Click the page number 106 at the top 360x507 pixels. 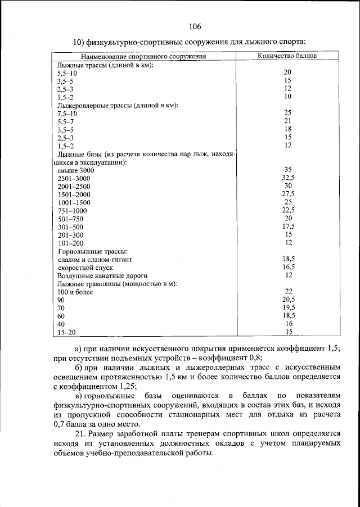tap(195, 26)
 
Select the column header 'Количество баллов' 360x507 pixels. tap(287, 56)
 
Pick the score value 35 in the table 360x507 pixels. tap(287, 170)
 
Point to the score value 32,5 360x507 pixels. tap(287, 178)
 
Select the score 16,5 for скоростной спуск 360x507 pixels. tap(288, 268)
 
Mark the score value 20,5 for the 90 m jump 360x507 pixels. tap(288, 300)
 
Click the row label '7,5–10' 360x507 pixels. tap(67, 113)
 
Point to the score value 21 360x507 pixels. tap(287, 121)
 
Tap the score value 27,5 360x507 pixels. tap(288, 194)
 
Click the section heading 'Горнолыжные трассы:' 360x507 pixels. tap(93, 251)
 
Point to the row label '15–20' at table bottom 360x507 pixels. tap(67, 332)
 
